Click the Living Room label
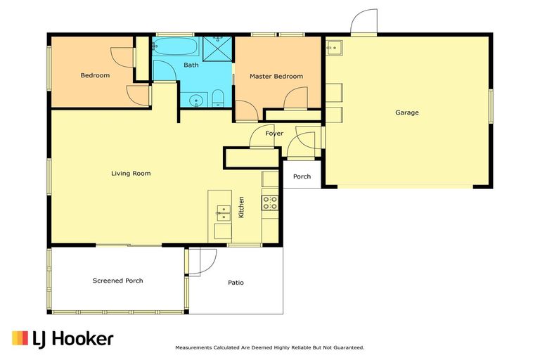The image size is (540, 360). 131,173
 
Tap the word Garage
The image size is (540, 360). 406,112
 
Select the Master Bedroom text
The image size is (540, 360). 276,76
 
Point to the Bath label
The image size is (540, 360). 191,65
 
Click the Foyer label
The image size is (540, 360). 274,133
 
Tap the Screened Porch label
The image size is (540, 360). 118,281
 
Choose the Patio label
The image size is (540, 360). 236,283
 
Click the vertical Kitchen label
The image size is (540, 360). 240,207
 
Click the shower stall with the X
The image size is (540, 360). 218,49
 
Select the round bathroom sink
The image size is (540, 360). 195,100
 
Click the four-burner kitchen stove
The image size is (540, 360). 270,202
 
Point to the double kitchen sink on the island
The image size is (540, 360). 222,210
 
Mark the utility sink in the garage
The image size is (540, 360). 334,48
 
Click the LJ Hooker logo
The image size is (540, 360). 63,338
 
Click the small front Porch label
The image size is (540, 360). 302,176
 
